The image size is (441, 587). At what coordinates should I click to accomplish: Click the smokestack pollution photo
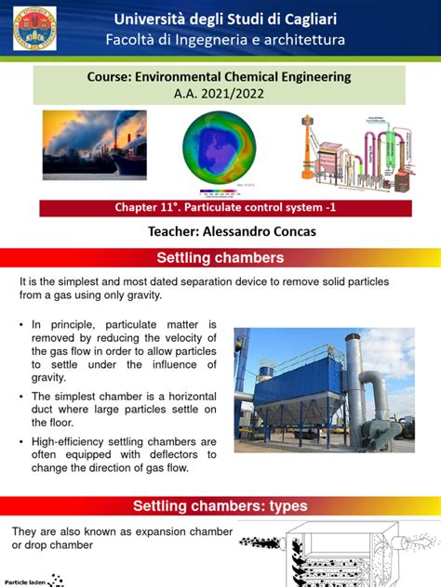coord(95,146)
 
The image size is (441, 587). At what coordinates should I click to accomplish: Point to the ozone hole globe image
coord(221,146)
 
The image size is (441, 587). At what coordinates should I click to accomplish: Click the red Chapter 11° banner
coord(220,208)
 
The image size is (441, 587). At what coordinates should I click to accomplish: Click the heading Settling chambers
coord(220,256)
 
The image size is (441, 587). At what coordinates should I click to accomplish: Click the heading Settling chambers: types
coord(220,506)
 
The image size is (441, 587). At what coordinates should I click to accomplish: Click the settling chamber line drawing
coord(340,557)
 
